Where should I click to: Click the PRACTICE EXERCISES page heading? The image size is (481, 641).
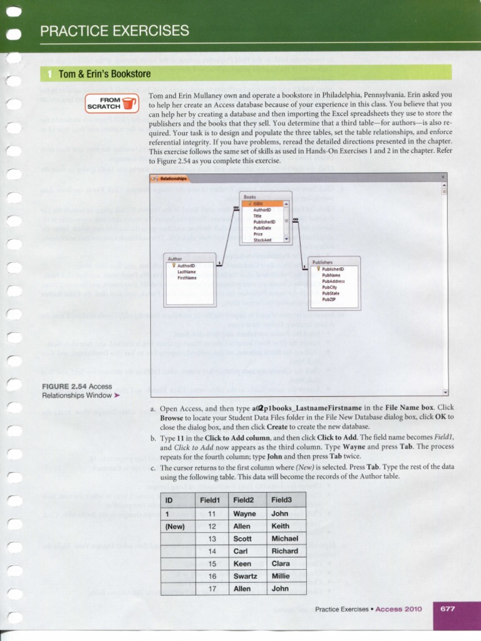click(114, 31)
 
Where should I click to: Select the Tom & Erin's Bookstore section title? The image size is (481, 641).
click(105, 74)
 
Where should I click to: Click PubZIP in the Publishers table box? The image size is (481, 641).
click(330, 300)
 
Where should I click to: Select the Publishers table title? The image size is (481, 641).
click(323, 263)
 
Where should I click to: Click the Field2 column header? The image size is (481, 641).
click(244, 500)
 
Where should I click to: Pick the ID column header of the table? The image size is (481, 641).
click(168, 500)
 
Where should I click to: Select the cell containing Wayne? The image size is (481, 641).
click(244, 513)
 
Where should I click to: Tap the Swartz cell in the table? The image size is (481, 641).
click(245, 576)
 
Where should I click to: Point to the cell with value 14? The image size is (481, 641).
click(212, 551)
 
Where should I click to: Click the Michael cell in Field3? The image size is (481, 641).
click(285, 538)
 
